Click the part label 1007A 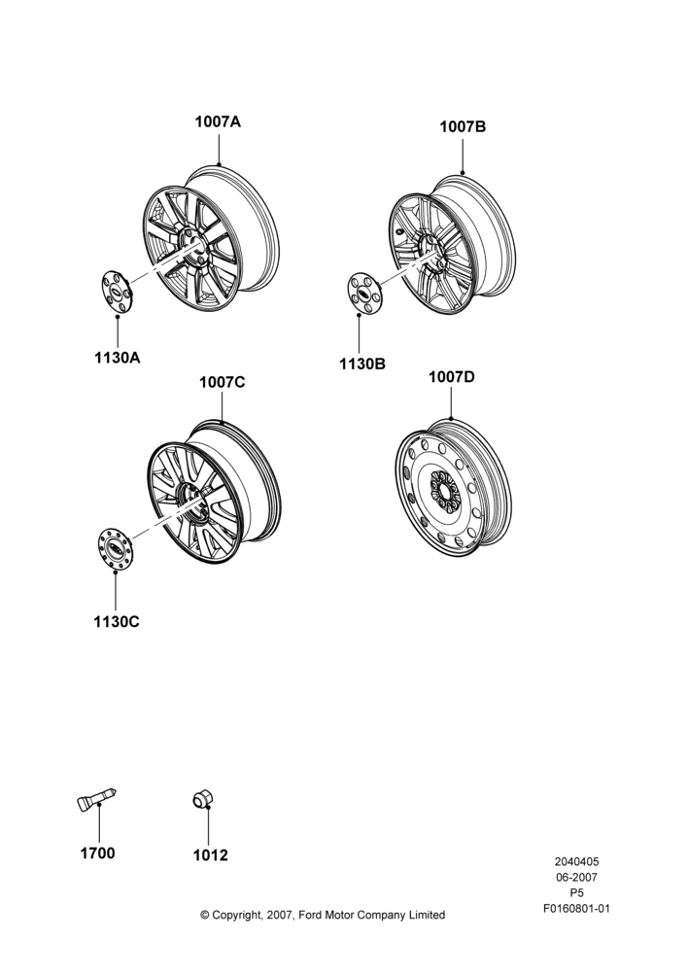[x=218, y=121]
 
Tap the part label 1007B [x=463, y=126]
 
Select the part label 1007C [x=222, y=382]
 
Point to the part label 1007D [x=451, y=377]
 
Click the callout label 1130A [x=118, y=358]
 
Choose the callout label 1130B [x=361, y=364]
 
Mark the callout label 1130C [x=117, y=621]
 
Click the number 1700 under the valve [x=97, y=853]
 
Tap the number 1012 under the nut [x=210, y=855]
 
